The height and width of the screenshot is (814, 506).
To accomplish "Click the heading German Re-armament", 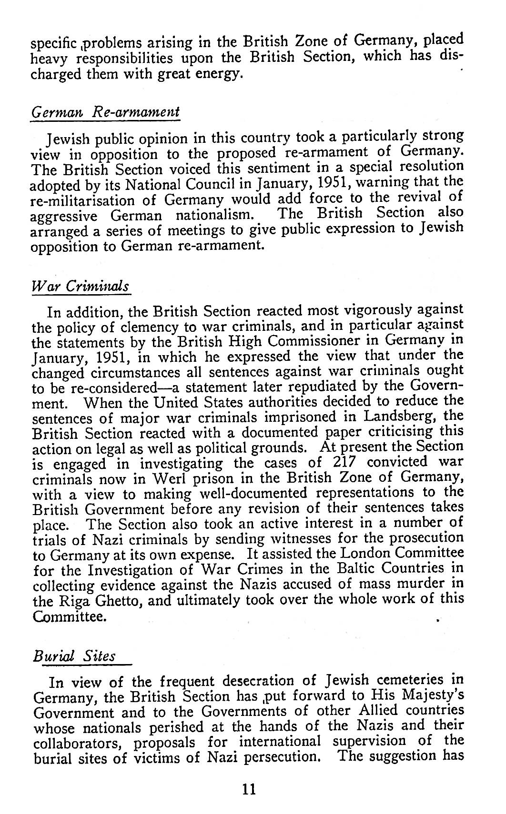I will point(105,113).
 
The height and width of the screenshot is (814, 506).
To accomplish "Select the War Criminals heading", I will point(80,287).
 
